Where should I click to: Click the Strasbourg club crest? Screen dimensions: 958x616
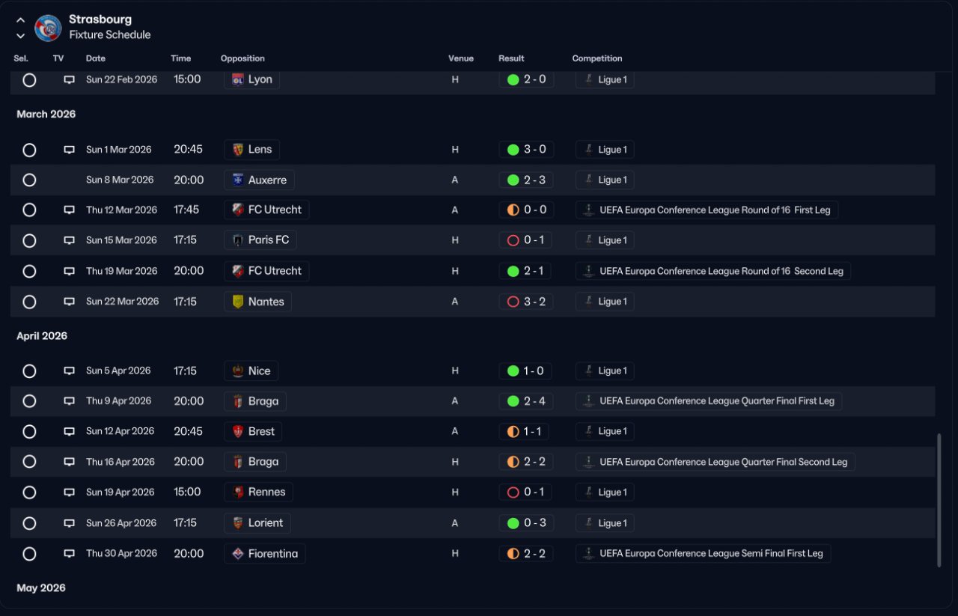click(48, 28)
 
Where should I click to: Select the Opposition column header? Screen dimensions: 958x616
click(242, 58)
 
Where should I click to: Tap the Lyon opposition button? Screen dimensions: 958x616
click(252, 79)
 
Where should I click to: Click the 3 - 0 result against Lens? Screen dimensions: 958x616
click(526, 149)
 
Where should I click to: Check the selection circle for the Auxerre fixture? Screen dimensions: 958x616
click(29, 180)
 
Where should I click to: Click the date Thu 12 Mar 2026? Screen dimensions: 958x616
click(121, 210)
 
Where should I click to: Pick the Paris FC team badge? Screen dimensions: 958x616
click(238, 240)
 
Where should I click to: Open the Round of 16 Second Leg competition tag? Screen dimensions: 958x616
click(713, 271)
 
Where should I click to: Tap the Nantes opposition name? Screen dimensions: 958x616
click(266, 302)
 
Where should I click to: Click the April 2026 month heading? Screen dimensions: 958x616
click(42, 336)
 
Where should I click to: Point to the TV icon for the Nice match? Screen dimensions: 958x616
click(70, 370)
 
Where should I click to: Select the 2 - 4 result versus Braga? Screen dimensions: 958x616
click(526, 401)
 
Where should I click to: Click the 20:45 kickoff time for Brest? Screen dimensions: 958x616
click(188, 431)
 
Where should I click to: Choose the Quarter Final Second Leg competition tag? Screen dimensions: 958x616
click(715, 462)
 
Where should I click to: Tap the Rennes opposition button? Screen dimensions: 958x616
click(258, 492)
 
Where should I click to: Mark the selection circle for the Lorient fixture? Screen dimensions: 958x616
click(29, 523)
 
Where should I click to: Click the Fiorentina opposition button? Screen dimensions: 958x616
click(265, 554)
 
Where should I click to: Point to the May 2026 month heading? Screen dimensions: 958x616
click(41, 588)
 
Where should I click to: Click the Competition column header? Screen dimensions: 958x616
click(597, 58)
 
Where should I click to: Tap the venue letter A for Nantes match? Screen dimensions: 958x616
click(454, 302)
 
